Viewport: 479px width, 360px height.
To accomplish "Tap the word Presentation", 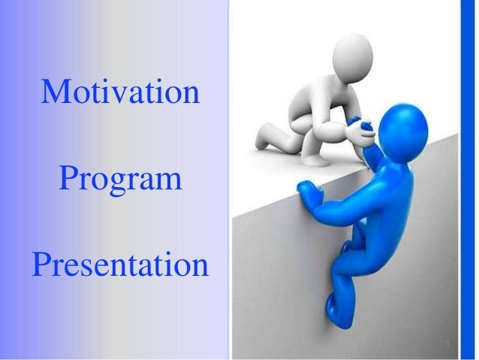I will (x=119, y=265).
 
